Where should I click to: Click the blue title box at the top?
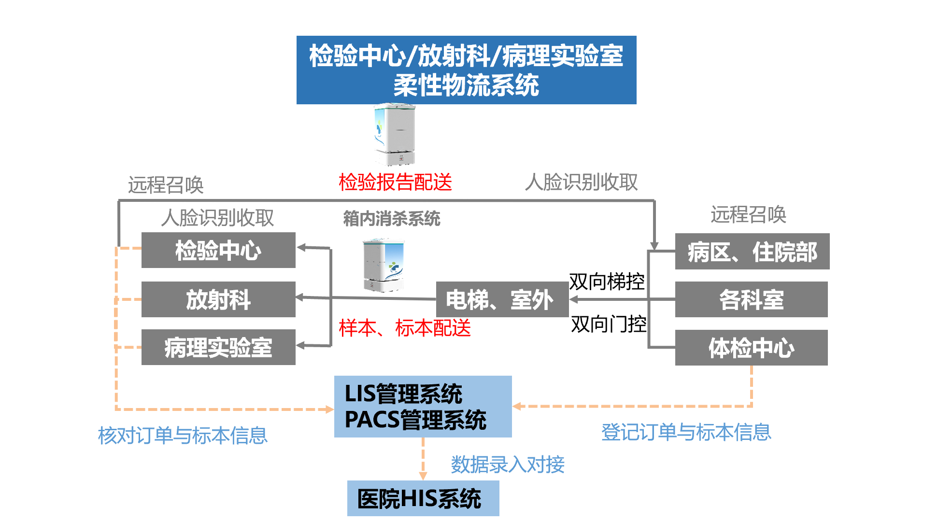tap(466, 70)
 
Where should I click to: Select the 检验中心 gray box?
tap(218, 250)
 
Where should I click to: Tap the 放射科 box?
tap(218, 299)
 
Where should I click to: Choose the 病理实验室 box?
tap(218, 347)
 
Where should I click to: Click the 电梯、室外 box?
tap(501, 299)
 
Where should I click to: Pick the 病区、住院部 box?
tap(752, 252)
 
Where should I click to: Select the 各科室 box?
tap(751, 299)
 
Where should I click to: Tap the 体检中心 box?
tap(751, 348)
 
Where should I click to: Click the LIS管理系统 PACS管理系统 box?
tap(423, 407)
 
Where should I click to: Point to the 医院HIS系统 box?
tap(423, 498)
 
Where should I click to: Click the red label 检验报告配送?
tap(395, 182)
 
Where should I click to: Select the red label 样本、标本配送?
tap(405, 328)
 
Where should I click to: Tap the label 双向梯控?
tap(607, 282)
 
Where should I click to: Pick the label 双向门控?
tap(609, 324)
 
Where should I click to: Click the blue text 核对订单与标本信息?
tap(183, 435)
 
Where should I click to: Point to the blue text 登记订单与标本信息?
tap(686, 432)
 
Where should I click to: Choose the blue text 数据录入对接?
tap(508, 465)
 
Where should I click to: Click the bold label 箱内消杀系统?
tap(392, 219)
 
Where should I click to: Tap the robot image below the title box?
tap(395, 134)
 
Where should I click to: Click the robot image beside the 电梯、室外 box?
tap(384, 265)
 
